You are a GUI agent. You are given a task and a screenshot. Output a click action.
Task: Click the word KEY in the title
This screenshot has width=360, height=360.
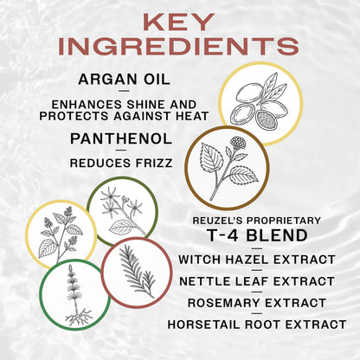(x=178, y=21)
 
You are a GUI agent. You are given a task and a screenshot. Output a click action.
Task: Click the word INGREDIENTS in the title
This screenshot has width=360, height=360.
(x=179, y=47)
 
